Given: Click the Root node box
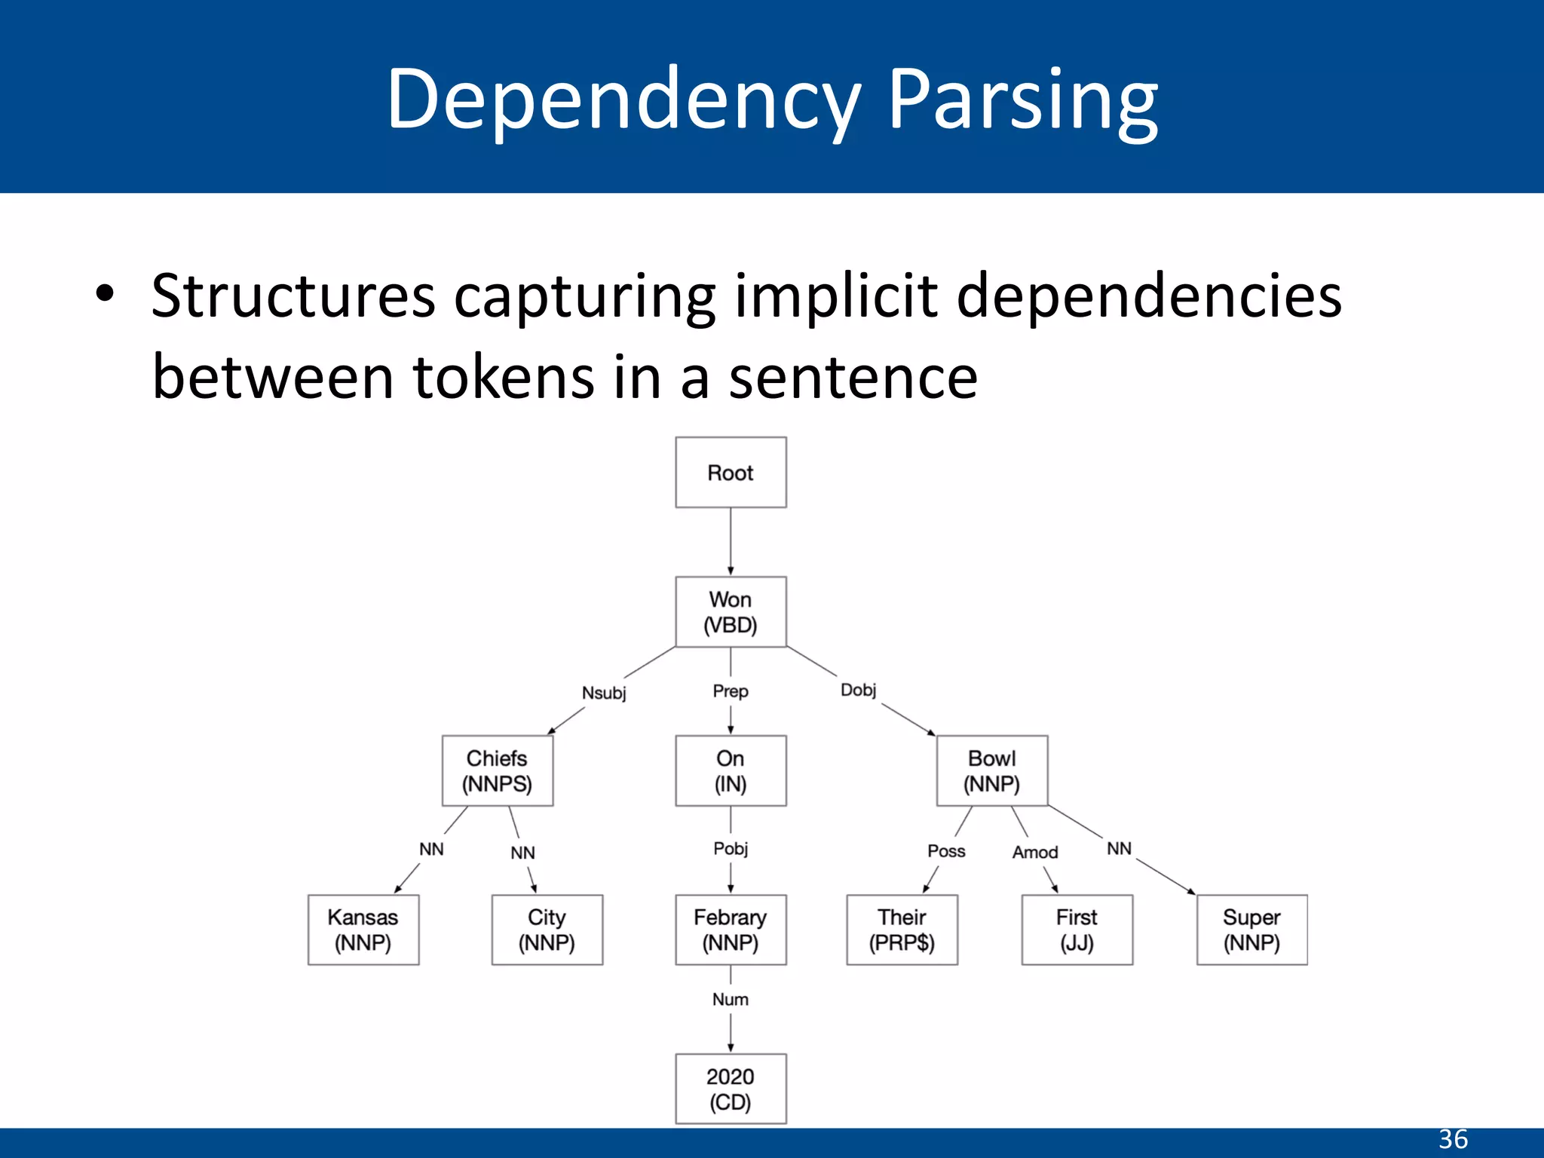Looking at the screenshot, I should tap(731, 473).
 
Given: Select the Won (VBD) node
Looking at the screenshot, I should tap(731, 612).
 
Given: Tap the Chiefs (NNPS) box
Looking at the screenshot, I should tap(498, 770).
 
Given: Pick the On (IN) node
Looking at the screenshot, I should tap(731, 770).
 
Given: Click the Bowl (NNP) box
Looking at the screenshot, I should tap(992, 770).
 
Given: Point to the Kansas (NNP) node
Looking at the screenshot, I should tap(363, 930).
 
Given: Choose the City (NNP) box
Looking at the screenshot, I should tap(547, 930).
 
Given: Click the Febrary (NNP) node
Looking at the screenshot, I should tap(731, 930).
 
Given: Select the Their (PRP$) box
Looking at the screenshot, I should tap(902, 930).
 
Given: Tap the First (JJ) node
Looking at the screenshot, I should tap(1077, 930).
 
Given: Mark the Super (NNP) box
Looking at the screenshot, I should tap(1252, 930).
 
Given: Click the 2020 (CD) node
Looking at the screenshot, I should tap(731, 1089).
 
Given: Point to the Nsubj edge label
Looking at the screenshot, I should tap(604, 693).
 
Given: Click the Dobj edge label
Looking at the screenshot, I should tap(859, 690).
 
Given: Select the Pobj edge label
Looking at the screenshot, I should tap(731, 849).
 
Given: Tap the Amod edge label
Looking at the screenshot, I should tap(1035, 852).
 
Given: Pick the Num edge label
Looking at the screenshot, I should tap(731, 1000).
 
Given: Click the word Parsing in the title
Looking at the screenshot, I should tap(1022, 100).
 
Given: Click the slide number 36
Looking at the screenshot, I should tap(1453, 1139).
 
